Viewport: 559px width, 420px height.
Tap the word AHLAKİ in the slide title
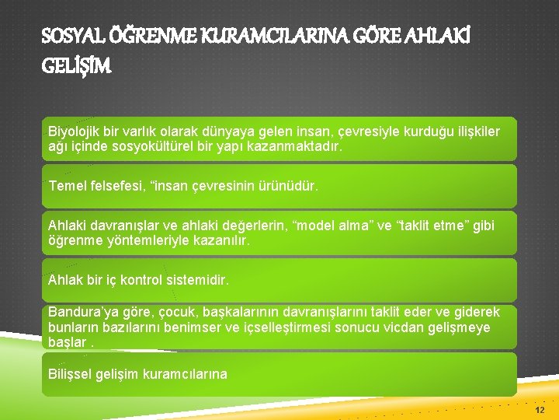(x=465, y=37)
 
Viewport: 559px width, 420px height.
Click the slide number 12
(x=540, y=409)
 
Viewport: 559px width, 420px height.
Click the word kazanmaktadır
(x=302, y=145)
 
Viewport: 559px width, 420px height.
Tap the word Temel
(x=65, y=186)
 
